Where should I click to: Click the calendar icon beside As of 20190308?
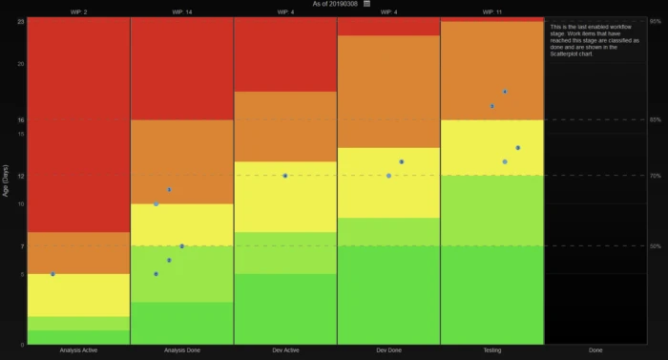point(366,4)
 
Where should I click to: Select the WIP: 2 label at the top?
point(78,12)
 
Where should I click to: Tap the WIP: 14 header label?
point(181,12)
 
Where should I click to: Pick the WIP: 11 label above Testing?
point(492,12)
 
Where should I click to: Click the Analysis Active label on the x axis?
point(78,350)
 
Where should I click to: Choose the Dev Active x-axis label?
point(285,350)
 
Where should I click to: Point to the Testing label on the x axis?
point(492,350)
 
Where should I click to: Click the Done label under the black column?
point(595,350)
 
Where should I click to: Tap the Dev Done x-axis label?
point(388,350)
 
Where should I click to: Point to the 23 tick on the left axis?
point(20,21)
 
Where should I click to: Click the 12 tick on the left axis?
point(20,176)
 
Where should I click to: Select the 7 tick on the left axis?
point(20,246)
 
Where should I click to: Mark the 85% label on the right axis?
point(656,119)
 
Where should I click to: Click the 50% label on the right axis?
point(656,246)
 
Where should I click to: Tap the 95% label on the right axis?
point(656,21)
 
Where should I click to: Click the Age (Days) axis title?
point(6,180)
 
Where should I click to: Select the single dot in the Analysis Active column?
point(52,274)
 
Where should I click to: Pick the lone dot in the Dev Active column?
point(285,176)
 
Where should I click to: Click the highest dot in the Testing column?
point(505,92)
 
